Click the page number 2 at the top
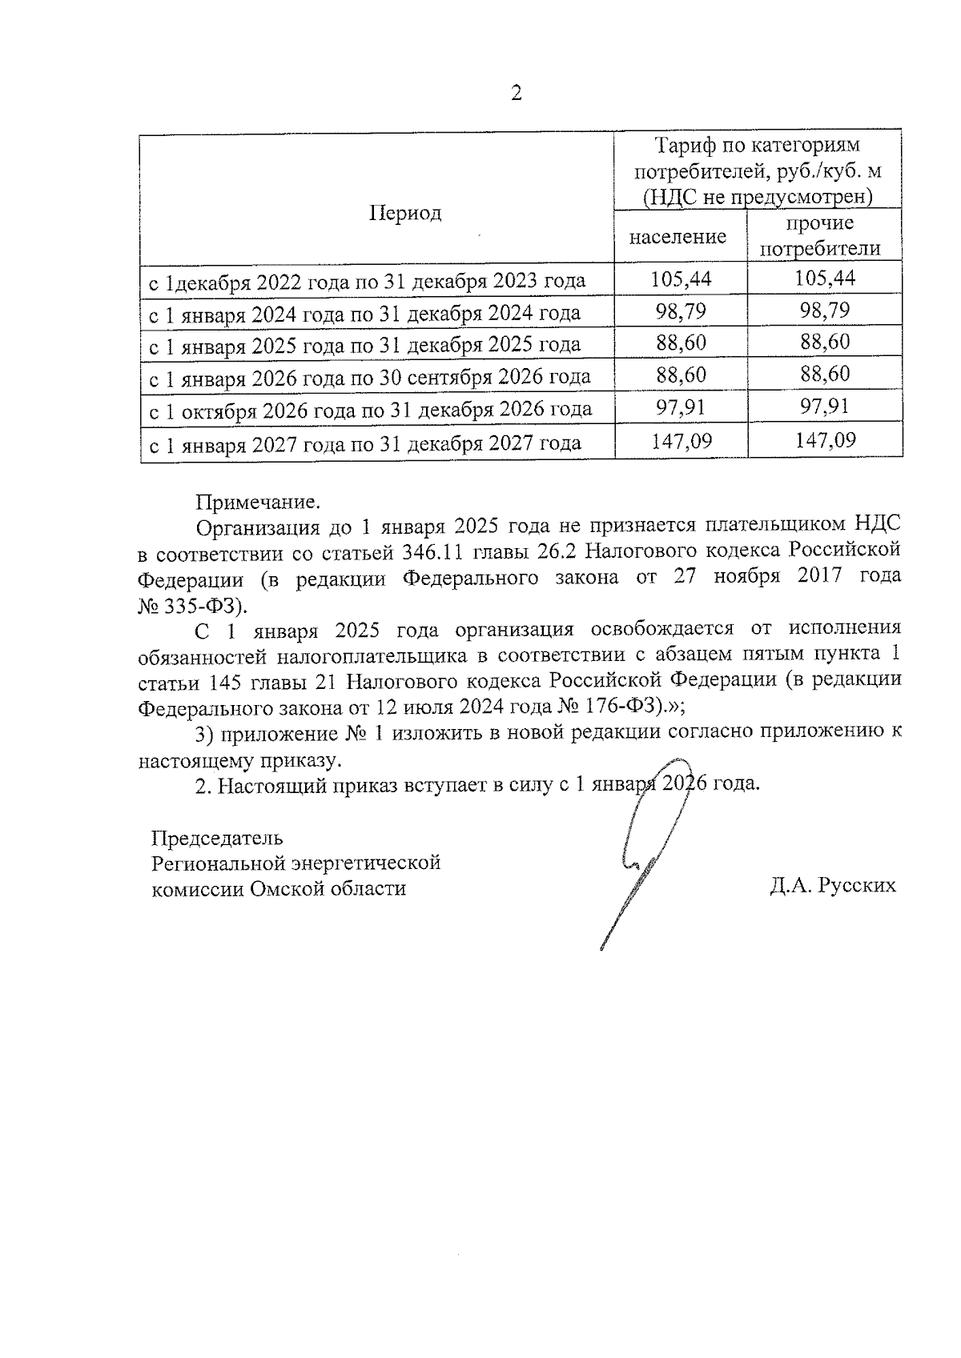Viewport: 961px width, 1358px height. [516, 94]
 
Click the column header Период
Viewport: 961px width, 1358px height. [405, 213]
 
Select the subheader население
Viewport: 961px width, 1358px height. [678, 237]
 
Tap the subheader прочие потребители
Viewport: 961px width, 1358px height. [819, 236]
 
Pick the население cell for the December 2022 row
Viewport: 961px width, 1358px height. [681, 278]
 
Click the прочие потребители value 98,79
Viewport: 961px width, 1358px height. [825, 310]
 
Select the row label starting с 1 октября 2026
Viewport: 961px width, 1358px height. [371, 411]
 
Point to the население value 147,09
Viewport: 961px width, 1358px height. [681, 440]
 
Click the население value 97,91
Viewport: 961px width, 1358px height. [681, 407]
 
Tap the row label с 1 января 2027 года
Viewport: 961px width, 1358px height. [365, 443]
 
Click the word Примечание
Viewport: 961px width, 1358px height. [258, 502]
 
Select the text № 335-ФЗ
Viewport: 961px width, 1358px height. [192, 603]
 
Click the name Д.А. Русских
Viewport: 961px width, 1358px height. [832, 886]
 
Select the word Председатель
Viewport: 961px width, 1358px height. [217, 838]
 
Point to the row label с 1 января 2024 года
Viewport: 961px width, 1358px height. [365, 313]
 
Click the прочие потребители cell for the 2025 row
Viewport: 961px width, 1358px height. [825, 343]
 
